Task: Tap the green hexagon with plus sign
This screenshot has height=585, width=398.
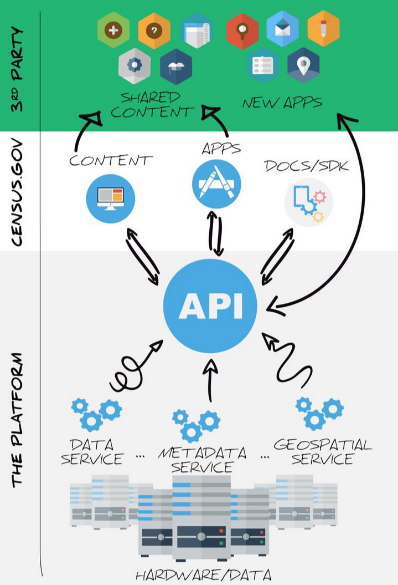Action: coord(113,30)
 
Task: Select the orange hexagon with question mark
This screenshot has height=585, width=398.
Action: coord(154,30)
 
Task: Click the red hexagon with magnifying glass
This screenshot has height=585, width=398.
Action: coord(242,30)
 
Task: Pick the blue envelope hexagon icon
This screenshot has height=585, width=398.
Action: coord(283,30)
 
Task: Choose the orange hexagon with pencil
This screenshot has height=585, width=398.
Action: coord(323,30)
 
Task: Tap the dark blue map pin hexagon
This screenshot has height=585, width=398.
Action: coord(303,65)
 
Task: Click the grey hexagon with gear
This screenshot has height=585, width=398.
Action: coord(135,65)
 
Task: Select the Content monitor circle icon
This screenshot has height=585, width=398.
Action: coord(111,198)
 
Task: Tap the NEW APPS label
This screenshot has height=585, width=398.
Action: coord(282,103)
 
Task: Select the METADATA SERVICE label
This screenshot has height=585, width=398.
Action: coord(203,460)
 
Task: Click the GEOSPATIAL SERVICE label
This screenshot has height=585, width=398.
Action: coord(323,452)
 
